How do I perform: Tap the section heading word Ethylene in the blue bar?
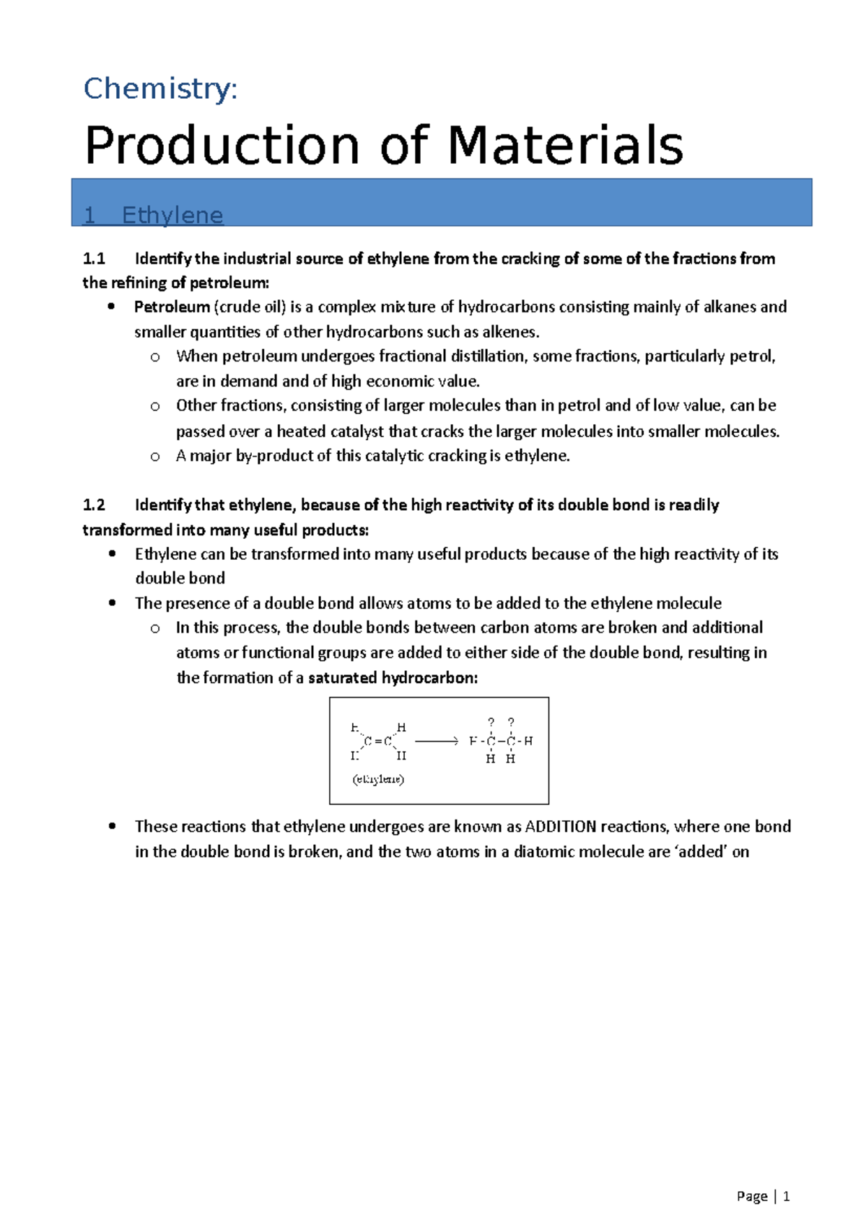(172, 215)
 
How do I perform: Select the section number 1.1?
(94, 258)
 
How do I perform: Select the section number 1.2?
(94, 505)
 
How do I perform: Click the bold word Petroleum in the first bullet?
(172, 307)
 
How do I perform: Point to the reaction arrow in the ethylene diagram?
(437, 741)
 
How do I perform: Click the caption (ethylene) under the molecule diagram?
(378, 779)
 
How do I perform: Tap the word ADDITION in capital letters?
(561, 827)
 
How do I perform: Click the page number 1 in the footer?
(787, 1196)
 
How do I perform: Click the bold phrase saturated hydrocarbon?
(393, 678)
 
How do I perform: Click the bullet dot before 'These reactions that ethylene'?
(112, 826)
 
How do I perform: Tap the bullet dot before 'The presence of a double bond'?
(112, 602)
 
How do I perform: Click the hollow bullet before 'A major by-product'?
(155, 457)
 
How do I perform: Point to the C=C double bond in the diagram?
(378, 741)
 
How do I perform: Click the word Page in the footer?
(752, 1196)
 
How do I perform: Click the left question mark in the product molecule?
(491, 722)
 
